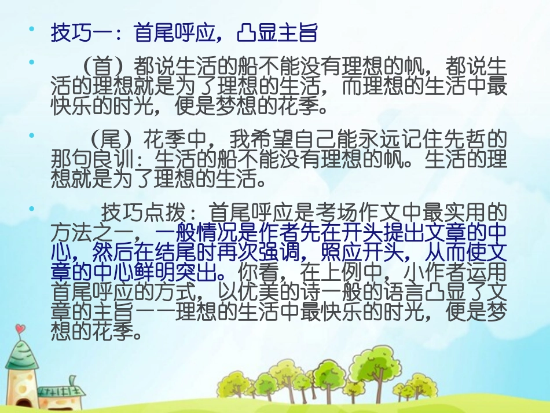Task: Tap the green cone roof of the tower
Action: (x=21, y=354)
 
